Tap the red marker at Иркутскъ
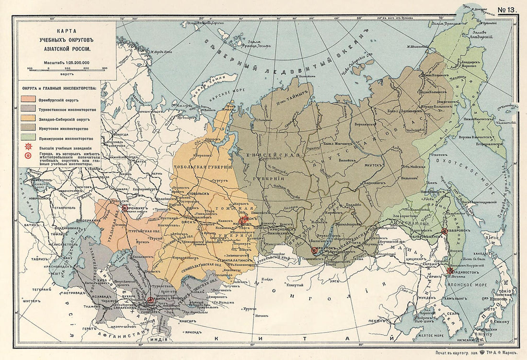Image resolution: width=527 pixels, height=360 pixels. pos(314,250)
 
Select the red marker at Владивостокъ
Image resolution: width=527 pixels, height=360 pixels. pos(449,271)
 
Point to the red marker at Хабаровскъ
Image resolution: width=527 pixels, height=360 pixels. pos(445,231)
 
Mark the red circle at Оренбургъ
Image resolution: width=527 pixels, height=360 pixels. pos(125,208)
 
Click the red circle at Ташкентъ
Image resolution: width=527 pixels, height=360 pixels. pos(150,300)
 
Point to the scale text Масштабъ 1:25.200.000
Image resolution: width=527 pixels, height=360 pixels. pos(67,62)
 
